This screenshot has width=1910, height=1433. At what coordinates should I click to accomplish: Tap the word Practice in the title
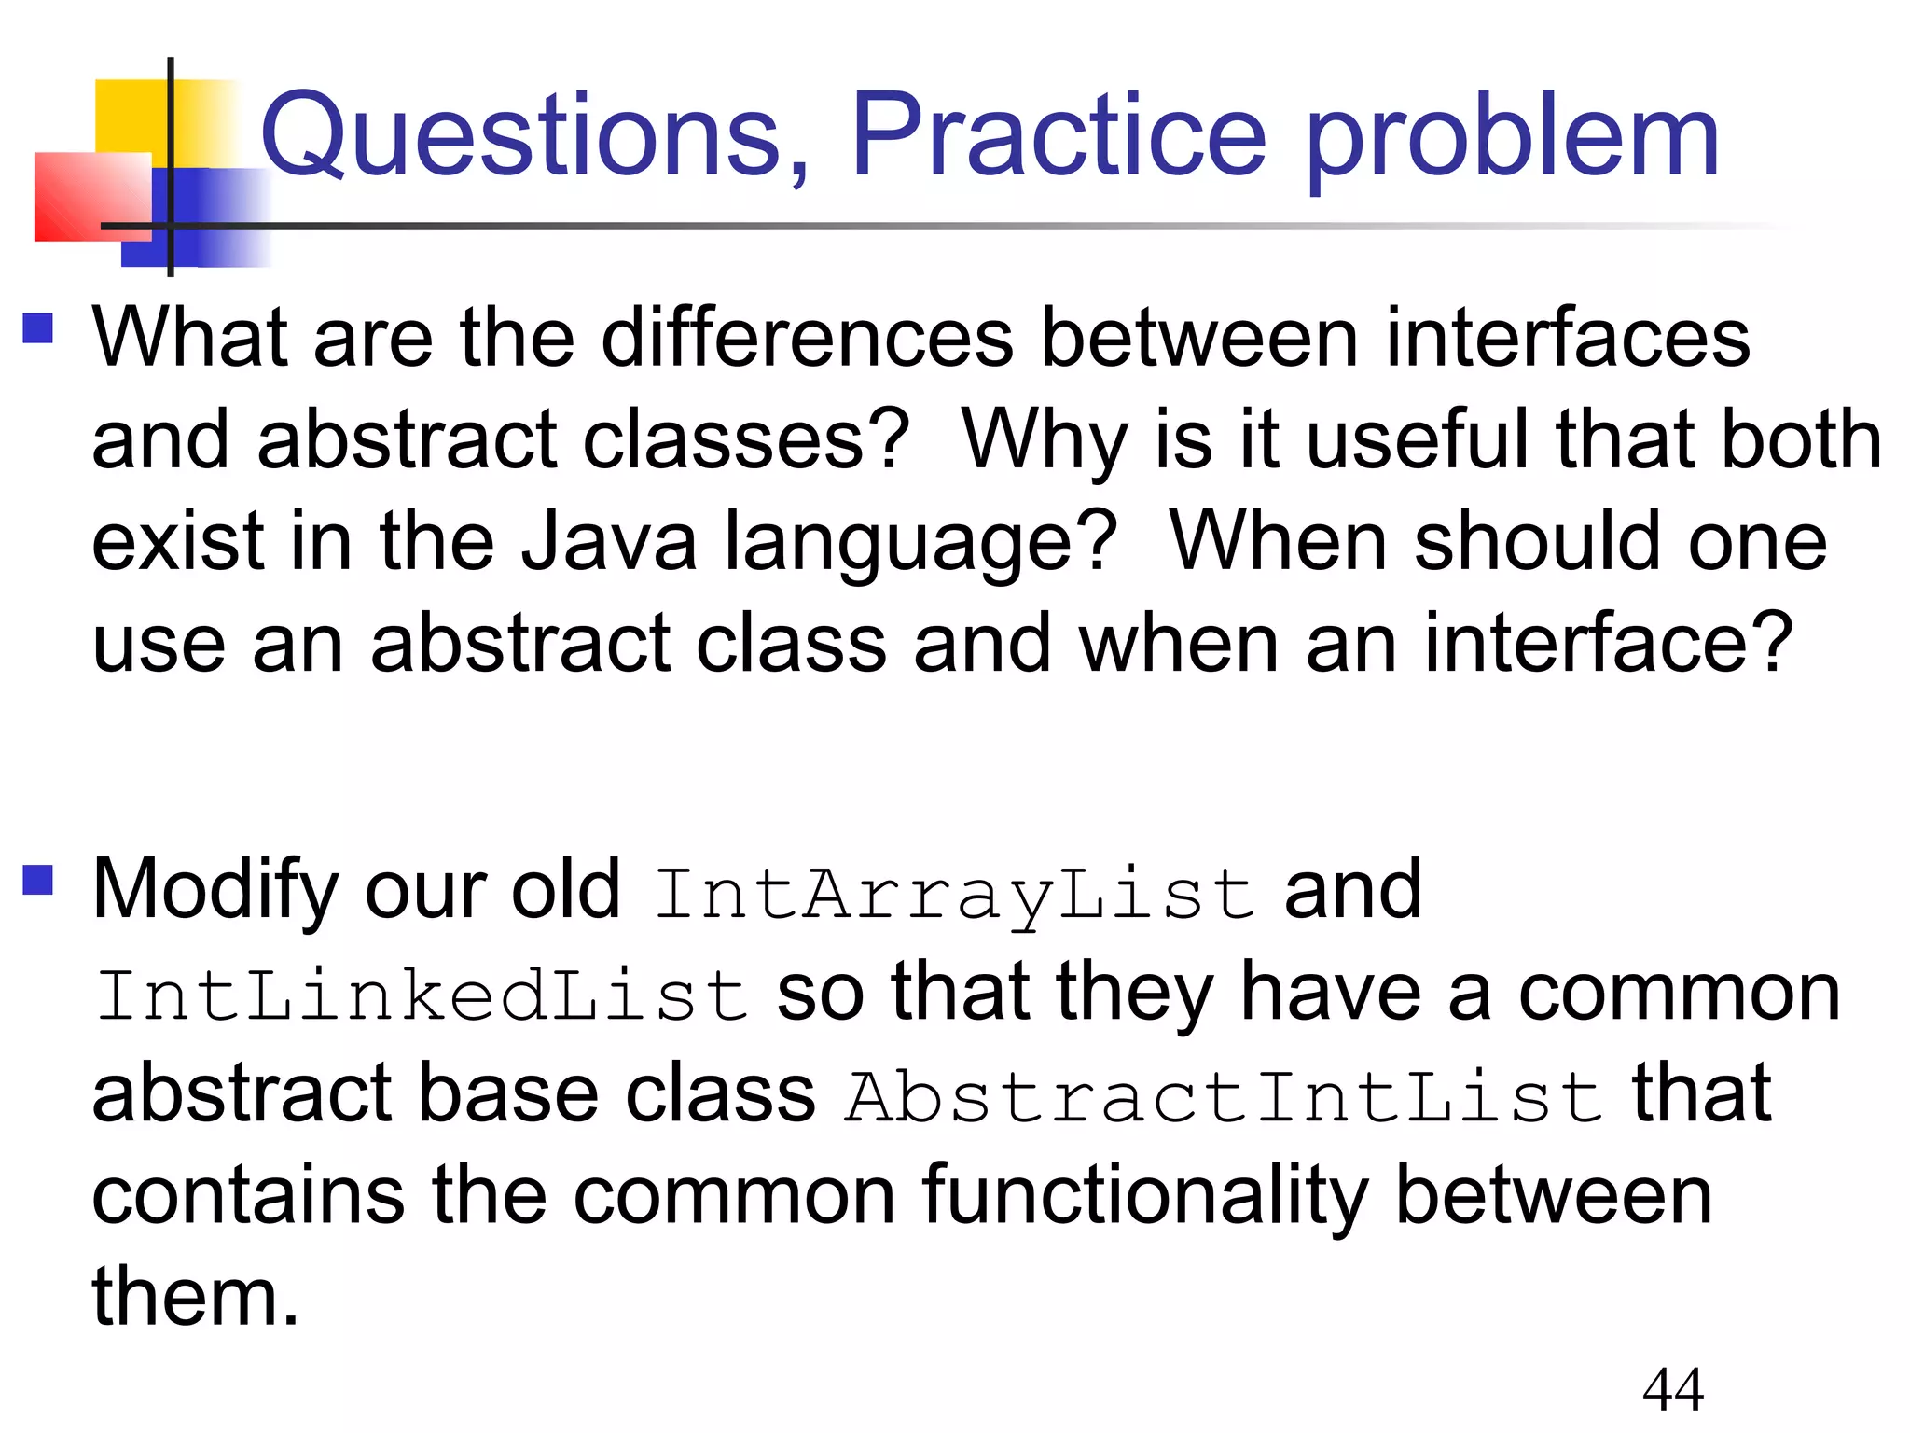coord(1058,135)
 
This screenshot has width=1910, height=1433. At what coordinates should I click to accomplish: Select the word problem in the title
coord(1511,140)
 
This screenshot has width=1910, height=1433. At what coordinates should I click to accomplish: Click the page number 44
coord(1673,1389)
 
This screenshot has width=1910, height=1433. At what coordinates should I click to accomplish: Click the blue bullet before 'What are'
coord(38,327)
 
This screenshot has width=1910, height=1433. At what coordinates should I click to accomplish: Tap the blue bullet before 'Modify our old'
coord(38,880)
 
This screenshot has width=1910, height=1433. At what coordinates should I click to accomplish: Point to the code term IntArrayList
coord(953,894)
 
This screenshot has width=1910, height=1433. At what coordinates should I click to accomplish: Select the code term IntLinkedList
coord(422,995)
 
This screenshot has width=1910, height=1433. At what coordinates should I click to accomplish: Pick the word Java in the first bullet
coord(608,542)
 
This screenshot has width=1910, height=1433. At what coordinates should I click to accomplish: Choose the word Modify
coord(216,891)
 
